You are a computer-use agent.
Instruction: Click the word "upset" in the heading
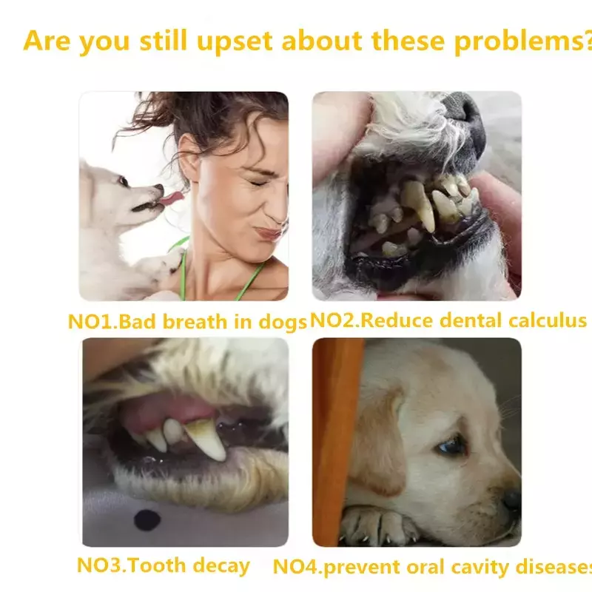(x=235, y=41)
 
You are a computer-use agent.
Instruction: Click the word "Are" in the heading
(x=47, y=40)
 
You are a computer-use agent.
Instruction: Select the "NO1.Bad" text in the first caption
(x=112, y=322)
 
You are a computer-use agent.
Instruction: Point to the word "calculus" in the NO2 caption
(x=547, y=320)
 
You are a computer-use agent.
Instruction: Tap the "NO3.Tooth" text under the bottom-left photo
(x=132, y=565)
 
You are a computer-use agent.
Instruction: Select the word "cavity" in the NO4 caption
(x=480, y=568)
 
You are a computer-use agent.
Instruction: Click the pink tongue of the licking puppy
(x=171, y=198)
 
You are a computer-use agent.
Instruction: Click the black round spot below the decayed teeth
(x=147, y=520)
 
